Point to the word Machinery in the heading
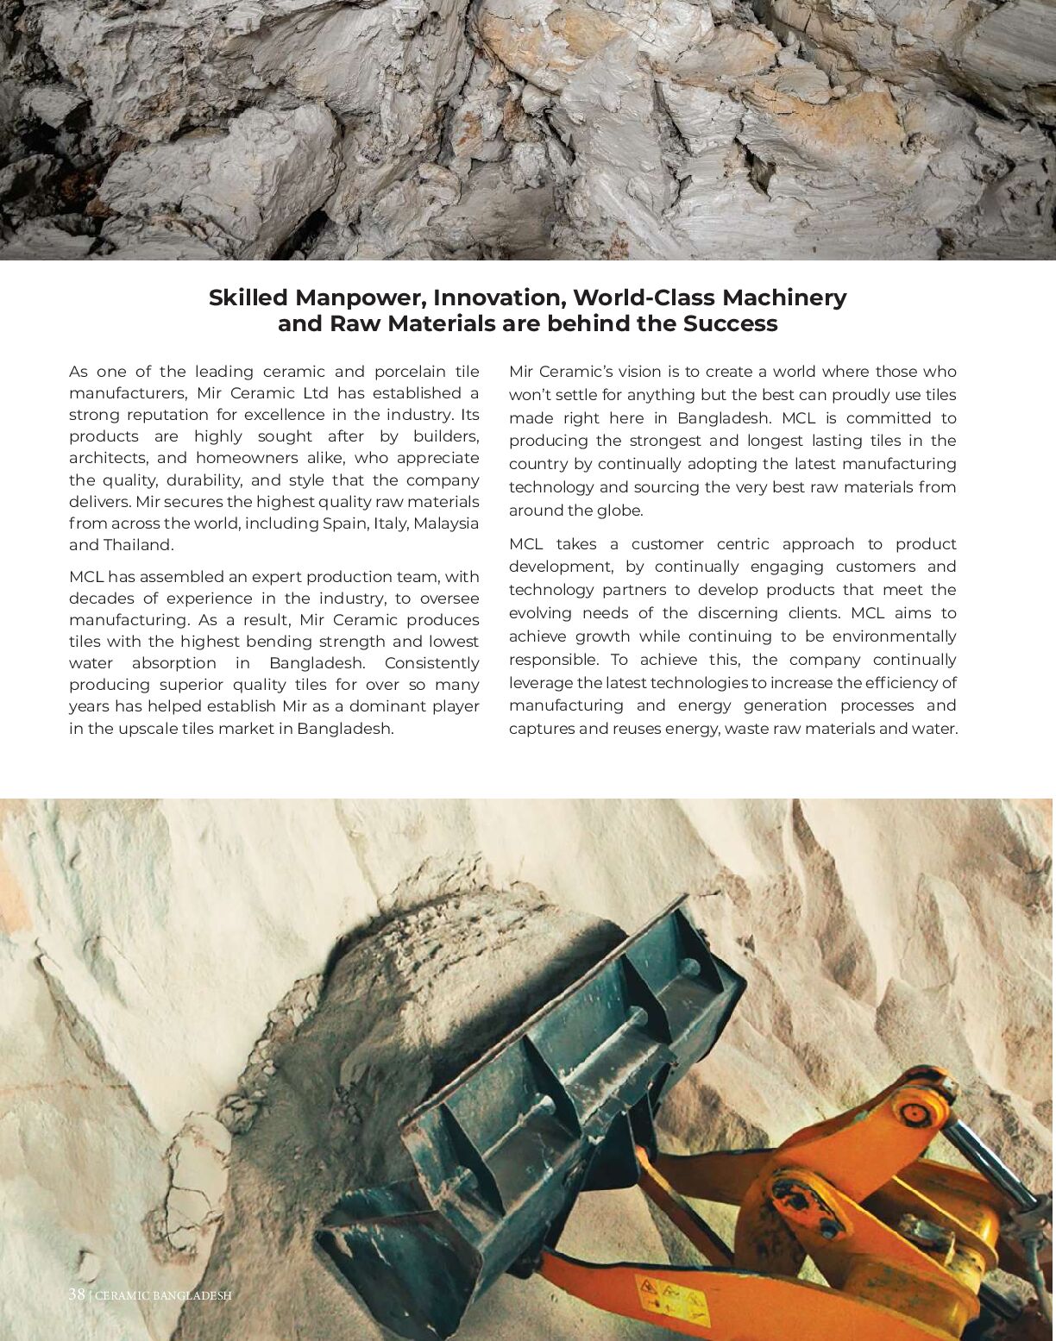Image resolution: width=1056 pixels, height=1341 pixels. [784, 298]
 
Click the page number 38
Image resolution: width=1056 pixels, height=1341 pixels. [77, 1294]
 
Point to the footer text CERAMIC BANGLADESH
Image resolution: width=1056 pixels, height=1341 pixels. [163, 1295]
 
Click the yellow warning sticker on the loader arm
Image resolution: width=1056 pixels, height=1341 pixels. [673, 1299]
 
